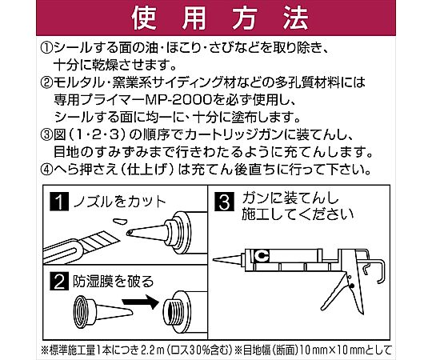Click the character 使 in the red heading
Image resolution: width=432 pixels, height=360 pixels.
point(144,18)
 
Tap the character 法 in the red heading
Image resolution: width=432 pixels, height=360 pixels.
point(296,18)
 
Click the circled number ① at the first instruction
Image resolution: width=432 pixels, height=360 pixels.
point(46,49)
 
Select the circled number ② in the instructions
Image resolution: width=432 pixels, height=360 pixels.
point(46,82)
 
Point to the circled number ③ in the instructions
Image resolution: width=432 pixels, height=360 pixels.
point(46,134)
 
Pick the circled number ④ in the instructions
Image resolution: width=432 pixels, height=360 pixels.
point(46,170)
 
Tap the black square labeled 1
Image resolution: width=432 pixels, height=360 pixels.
point(59,202)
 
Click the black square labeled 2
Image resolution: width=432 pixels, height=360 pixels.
point(59,281)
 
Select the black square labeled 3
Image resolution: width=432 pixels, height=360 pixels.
point(224,202)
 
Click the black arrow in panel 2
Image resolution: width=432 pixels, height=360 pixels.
point(141,302)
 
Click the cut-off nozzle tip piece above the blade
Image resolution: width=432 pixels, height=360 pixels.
point(119,221)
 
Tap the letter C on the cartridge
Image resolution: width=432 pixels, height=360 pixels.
point(261,256)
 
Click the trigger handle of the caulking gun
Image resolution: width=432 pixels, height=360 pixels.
point(334,293)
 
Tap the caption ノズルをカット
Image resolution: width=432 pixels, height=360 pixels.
point(119,202)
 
